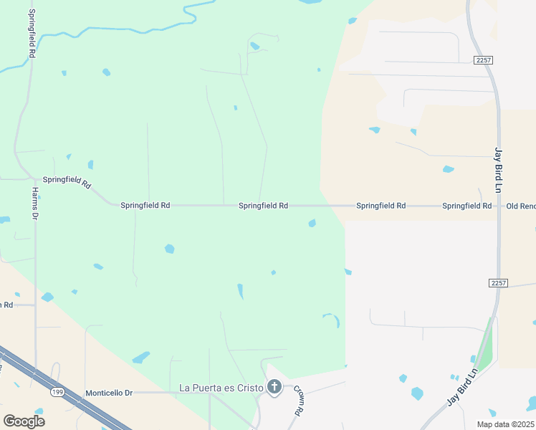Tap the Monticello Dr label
(110, 393)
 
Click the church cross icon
(274, 388)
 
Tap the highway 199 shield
(58, 392)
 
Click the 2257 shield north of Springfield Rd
(482, 60)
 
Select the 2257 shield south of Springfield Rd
(499, 284)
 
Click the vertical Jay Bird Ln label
(498, 170)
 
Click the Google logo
(24, 421)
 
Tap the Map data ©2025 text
(505, 424)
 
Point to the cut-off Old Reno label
(521, 206)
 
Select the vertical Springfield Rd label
(32, 34)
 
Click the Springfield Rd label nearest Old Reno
(466, 206)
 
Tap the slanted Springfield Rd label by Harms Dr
(67, 182)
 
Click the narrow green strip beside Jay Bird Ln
(487, 344)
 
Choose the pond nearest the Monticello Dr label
(142, 357)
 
